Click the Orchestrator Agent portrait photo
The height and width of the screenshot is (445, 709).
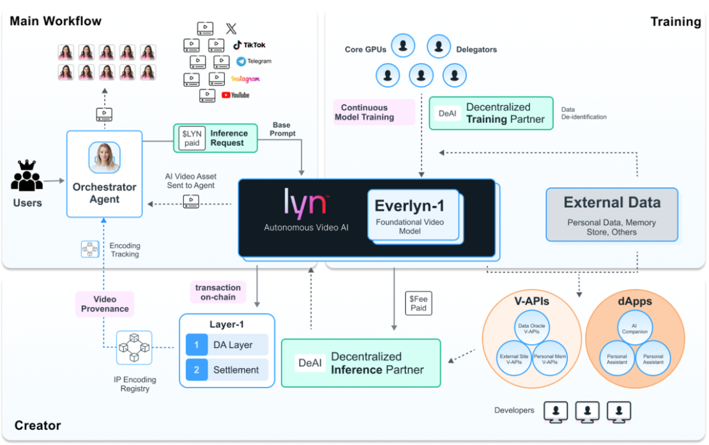point(104,157)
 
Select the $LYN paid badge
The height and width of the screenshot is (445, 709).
point(192,138)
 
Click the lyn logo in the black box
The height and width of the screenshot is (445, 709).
point(305,201)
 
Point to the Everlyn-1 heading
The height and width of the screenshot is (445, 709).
point(409,206)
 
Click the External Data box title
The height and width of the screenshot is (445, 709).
point(612,203)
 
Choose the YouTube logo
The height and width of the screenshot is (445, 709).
point(235,95)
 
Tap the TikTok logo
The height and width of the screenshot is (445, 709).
point(249,45)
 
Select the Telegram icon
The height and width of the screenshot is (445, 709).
point(241,61)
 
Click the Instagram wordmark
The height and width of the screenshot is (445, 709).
point(245,79)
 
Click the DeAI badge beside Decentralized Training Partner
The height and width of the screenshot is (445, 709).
point(448,113)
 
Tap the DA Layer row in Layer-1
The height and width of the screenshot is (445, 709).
point(227,345)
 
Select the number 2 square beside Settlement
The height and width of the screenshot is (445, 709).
point(197,370)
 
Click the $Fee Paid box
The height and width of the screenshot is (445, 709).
point(418,303)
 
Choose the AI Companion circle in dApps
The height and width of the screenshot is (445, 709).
point(634,328)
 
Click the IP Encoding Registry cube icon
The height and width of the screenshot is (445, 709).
point(134,348)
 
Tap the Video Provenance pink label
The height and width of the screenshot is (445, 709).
point(105,304)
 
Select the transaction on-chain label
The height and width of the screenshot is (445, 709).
point(218,292)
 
